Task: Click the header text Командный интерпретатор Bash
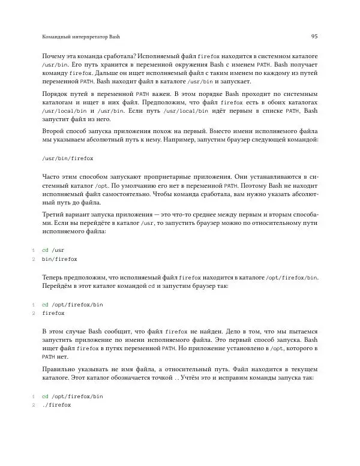tap(77, 37)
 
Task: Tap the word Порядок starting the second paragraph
tap(55, 94)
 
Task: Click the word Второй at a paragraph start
tap(54, 130)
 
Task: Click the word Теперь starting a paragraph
tap(55, 278)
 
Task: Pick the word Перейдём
tap(58, 286)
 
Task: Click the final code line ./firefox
tap(57, 405)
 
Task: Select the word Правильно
tap(61, 369)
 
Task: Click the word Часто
tap(52, 178)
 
